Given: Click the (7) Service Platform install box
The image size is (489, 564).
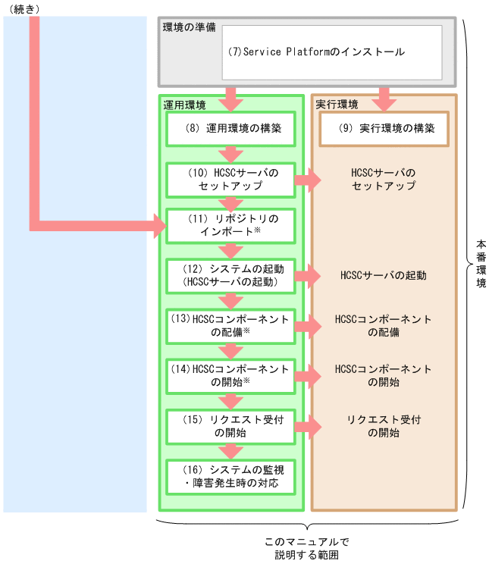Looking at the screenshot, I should pos(331,52).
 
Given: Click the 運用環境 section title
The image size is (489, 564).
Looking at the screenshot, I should pos(184,104).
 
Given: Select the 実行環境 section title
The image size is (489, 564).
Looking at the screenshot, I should pos(337,104).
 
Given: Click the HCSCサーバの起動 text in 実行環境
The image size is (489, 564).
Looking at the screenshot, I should pos(383,275).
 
